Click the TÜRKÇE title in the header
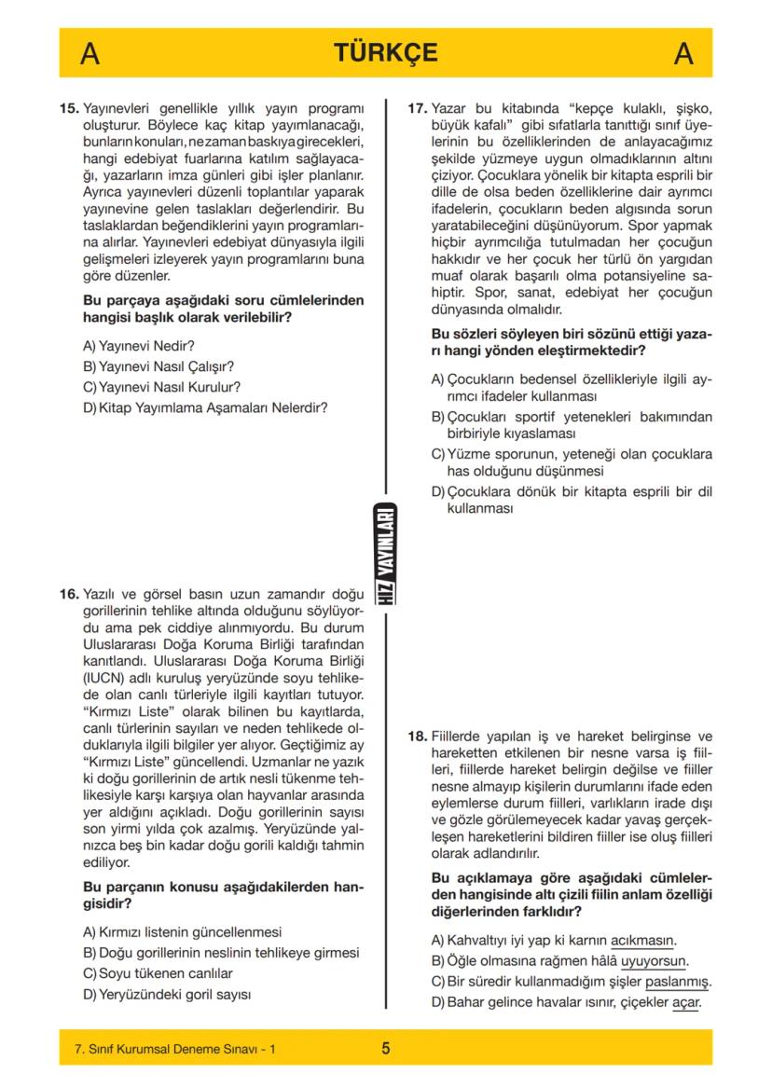click(386, 53)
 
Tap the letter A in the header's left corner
click(90, 54)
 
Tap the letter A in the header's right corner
click(683, 54)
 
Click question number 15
click(70, 108)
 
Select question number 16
click(70, 593)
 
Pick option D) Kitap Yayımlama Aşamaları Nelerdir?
click(205, 406)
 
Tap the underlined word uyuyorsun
click(654, 961)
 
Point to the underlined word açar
click(685, 1002)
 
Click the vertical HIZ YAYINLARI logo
click(386, 556)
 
